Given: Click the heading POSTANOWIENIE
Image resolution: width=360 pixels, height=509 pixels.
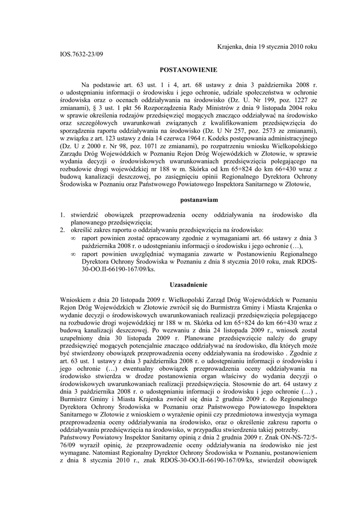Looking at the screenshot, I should point(184,71).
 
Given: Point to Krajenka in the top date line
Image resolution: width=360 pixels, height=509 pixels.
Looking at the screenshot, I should point(231,46).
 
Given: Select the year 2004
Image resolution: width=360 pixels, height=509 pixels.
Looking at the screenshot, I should point(289,107).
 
